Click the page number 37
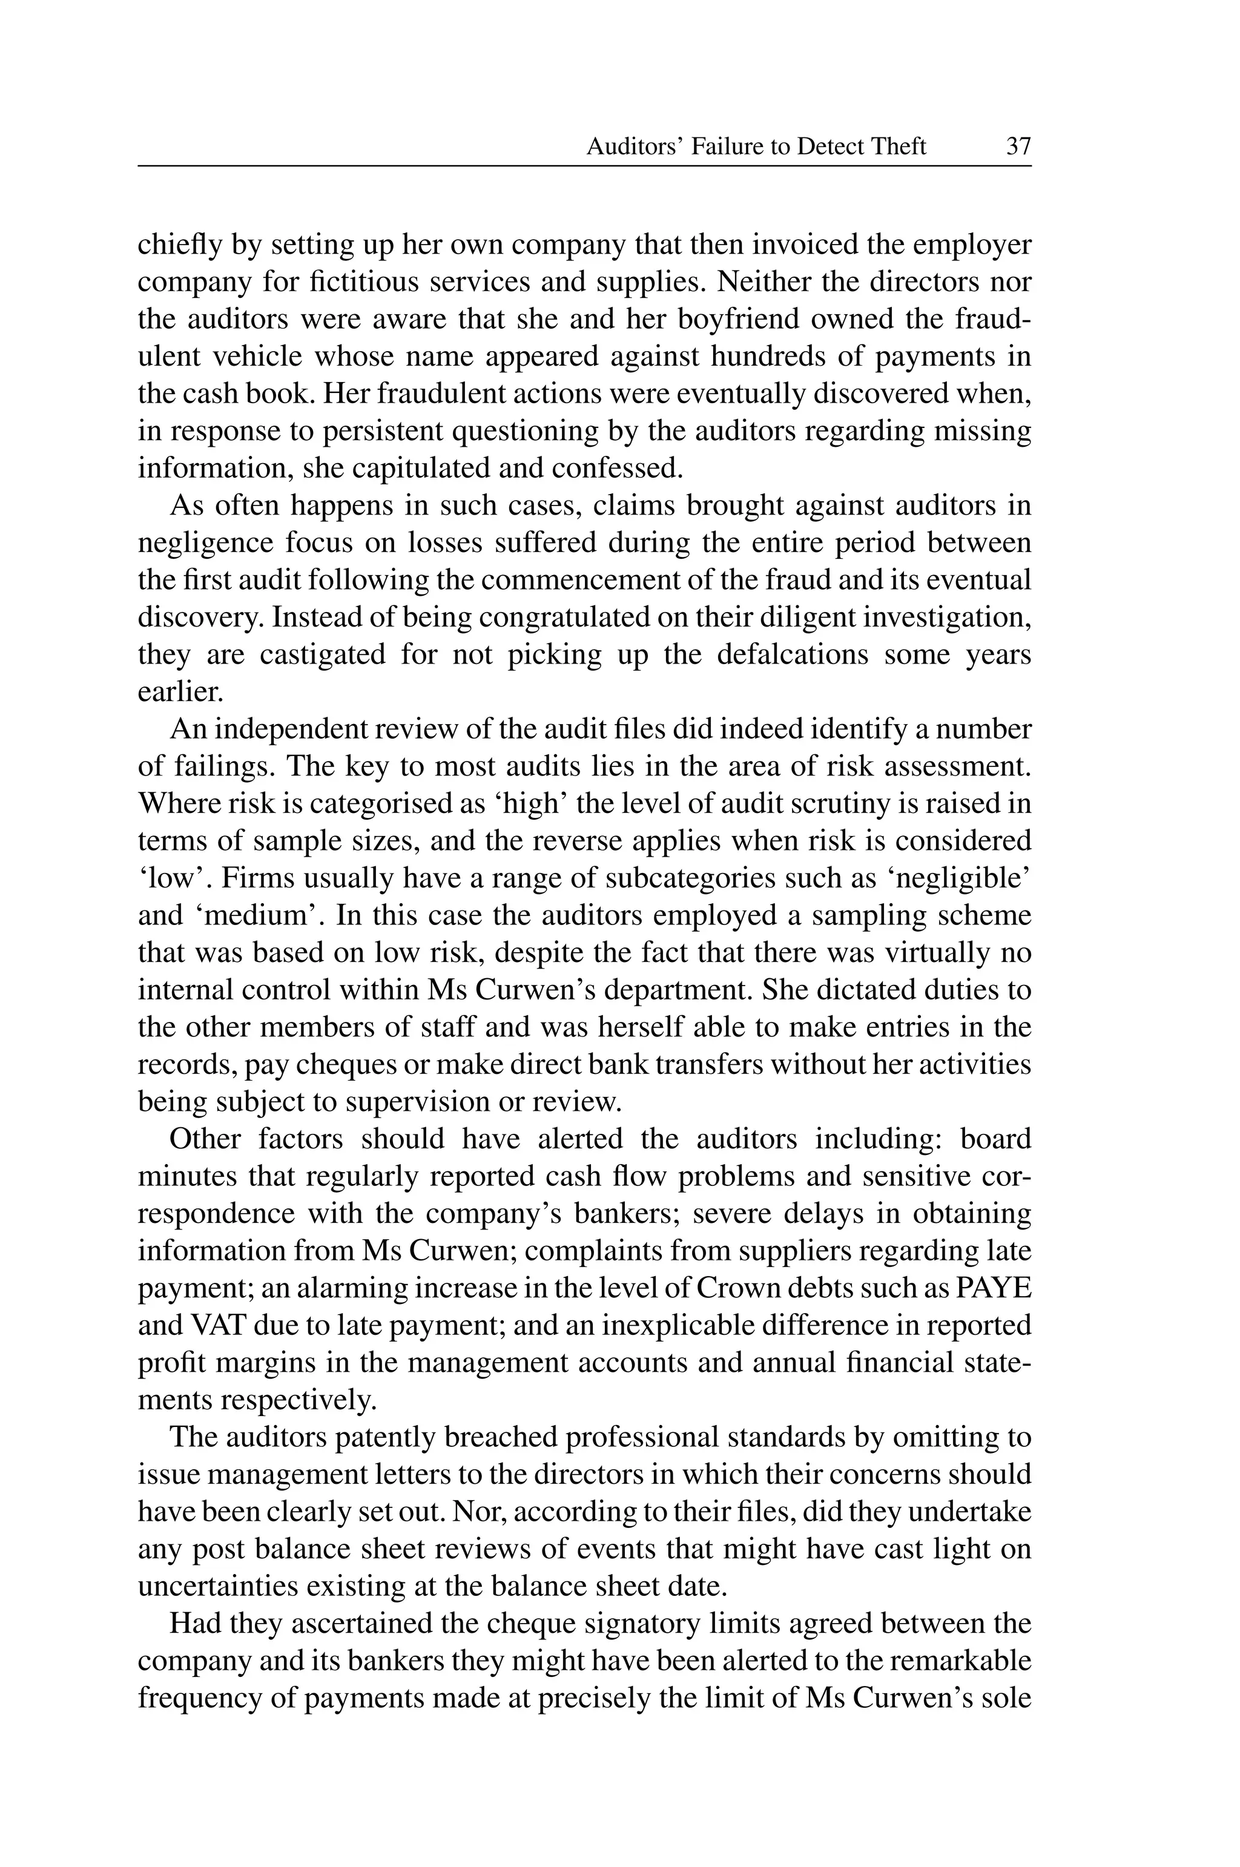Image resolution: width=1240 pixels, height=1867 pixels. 1018,147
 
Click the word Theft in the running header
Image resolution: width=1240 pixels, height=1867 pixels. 897,147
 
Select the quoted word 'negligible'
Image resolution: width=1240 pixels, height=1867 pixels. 965,878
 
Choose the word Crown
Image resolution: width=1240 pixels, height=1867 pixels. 739,1288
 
